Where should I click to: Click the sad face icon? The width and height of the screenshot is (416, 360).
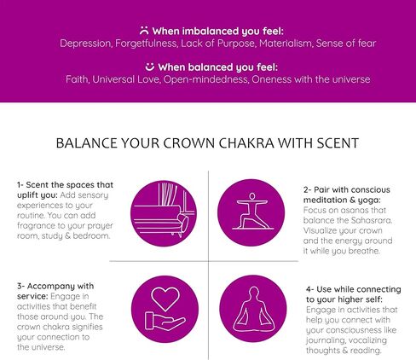[x=144, y=31]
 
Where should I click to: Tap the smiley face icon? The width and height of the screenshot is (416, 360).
[x=150, y=67]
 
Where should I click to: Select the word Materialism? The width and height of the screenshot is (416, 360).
[x=286, y=44]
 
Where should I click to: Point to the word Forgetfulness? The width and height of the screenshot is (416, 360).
[x=147, y=44]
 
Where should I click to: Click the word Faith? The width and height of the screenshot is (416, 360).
[x=78, y=79]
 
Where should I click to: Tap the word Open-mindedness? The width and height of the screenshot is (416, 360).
[x=205, y=79]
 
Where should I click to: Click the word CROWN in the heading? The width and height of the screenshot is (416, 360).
[x=188, y=143]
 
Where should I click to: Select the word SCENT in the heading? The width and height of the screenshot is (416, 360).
[x=338, y=143]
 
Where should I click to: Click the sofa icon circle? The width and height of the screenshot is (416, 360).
[x=164, y=213]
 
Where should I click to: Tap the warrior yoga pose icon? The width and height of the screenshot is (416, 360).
[x=252, y=211]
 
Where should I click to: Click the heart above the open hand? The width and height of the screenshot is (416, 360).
[x=165, y=299]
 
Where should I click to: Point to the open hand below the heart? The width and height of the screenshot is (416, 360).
[x=165, y=322]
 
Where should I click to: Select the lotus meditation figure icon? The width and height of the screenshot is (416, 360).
[x=254, y=310]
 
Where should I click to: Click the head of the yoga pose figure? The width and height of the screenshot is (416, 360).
[x=252, y=196]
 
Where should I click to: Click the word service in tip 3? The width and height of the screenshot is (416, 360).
[x=32, y=296]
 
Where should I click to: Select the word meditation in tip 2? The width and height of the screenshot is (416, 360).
[x=325, y=200]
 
